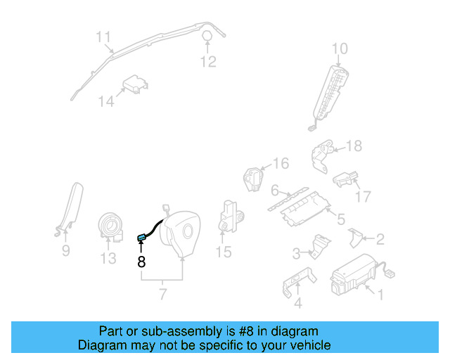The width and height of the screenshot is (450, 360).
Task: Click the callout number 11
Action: [x=103, y=37]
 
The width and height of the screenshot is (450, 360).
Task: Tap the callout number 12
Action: [x=208, y=62]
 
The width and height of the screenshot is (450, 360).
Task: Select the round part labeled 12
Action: [x=209, y=37]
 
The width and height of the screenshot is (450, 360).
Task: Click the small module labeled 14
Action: [x=135, y=86]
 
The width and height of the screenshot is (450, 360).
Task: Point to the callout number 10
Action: [x=340, y=49]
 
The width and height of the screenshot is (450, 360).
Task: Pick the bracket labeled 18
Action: [x=323, y=154]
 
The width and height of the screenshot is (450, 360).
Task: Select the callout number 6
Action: [x=276, y=190]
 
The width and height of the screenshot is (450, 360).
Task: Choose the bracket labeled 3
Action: [x=320, y=246]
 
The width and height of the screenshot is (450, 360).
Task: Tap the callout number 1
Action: [x=380, y=295]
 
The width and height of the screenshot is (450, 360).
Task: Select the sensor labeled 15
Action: [x=230, y=214]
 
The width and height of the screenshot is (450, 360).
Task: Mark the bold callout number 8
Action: [x=141, y=262]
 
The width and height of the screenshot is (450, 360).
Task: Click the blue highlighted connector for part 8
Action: [x=141, y=237]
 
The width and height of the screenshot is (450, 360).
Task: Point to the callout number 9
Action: [x=65, y=250]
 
